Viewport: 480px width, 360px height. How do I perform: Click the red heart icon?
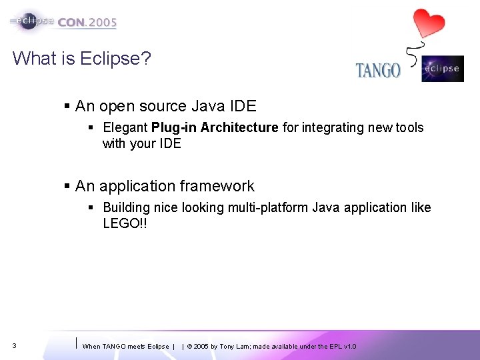pyautogui.click(x=428, y=24)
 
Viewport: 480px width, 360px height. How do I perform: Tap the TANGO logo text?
pyautogui.click(x=378, y=70)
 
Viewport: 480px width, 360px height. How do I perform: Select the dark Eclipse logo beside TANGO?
pyautogui.click(x=442, y=69)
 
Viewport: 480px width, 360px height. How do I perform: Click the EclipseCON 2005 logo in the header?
pyautogui.click(x=64, y=21)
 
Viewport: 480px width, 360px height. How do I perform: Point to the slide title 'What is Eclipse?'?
pyautogui.click(x=81, y=59)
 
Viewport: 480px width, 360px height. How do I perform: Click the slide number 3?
pyautogui.click(x=15, y=346)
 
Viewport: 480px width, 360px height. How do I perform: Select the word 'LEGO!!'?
pyautogui.click(x=125, y=224)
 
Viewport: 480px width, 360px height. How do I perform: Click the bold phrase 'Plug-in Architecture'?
pyautogui.click(x=214, y=127)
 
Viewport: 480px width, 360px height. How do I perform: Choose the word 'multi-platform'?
pyautogui.click(x=269, y=207)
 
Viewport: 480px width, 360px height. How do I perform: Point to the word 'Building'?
pyautogui.click(x=127, y=207)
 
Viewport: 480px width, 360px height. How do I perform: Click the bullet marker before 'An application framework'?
pyautogui.click(x=67, y=186)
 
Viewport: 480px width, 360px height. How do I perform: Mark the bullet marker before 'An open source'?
pyautogui.click(x=67, y=106)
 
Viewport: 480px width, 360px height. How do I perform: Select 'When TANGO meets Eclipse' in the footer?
pyautogui.click(x=125, y=347)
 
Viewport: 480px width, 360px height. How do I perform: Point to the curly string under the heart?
pyautogui.click(x=415, y=53)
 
